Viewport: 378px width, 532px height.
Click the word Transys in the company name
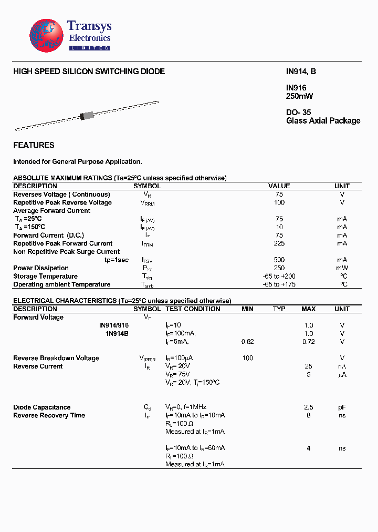[89, 26]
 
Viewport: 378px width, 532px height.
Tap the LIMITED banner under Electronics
[90, 48]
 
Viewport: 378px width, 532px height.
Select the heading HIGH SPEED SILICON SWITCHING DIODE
[89, 71]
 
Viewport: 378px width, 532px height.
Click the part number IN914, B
[301, 71]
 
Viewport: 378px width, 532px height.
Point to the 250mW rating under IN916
[299, 96]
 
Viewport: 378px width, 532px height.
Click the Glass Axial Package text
[323, 121]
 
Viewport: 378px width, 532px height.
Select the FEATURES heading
[34, 145]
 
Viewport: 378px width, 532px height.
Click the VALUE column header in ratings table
[279, 186]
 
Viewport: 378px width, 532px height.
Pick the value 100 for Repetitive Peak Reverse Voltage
[279, 202]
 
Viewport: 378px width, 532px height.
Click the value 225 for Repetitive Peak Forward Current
[279, 243]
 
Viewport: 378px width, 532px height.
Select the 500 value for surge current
[279, 260]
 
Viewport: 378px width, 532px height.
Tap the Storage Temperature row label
[45, 276]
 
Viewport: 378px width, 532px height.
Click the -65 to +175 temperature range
[279, 284]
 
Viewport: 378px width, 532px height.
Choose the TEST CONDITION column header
[193, 309]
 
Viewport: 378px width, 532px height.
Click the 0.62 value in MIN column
[247, 342]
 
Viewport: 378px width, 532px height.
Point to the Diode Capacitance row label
[41, 407]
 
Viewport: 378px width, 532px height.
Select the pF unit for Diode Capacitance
[342, 407]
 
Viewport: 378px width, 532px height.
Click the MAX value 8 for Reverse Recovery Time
[309, 415]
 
